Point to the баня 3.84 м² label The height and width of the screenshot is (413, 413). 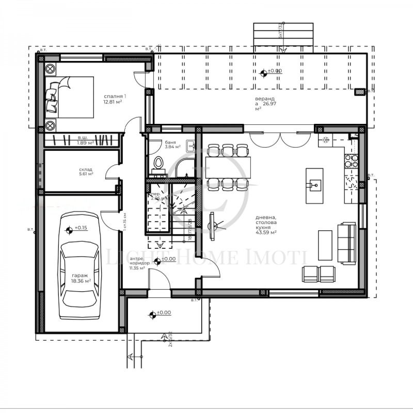pyautogui.click(x=172, y=144)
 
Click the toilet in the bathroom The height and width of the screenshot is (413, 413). pyautogui.click(x=159, y=164)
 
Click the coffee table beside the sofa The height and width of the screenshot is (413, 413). pyautogui.click(x=325, y=245)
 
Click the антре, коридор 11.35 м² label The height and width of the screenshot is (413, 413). pyautogui.click(x=139, y=263)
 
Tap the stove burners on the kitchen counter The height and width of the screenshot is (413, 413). pyautogui.click(x=355, y=158)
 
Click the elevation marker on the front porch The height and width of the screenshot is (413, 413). pyautogui.click(x=152, y=313)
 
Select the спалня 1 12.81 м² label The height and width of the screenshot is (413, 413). pyautogui.click(x=115, y=99)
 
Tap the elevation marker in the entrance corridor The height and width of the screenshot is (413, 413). pyautogui.click(x=157, y=260)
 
